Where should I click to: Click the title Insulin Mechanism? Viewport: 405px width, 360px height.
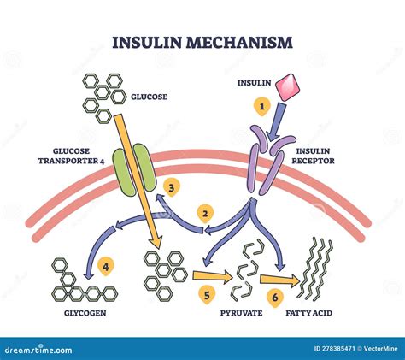[x=202, y=41]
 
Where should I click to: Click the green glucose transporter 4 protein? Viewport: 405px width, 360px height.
[x=132, y=169]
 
